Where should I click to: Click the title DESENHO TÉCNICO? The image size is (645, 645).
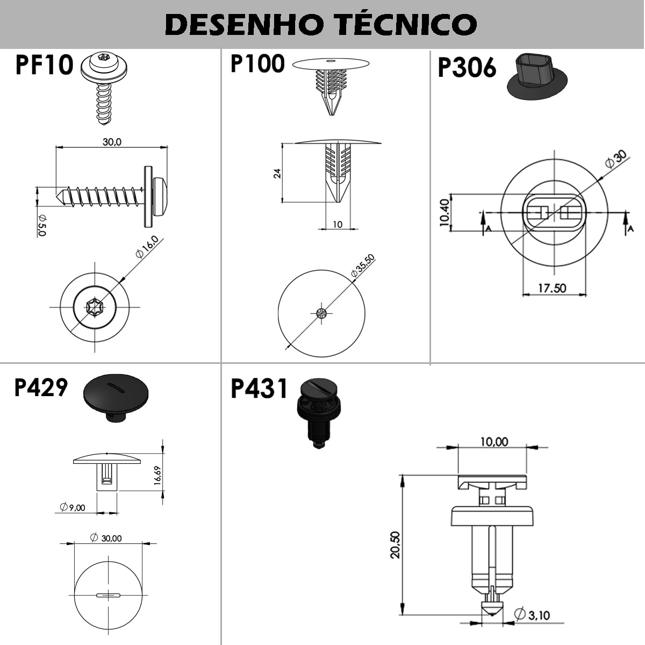click(321, 24)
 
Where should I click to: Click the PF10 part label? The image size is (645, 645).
click(44, 65)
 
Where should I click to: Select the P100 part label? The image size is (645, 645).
click(257, 63)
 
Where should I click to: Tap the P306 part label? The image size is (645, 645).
click(467, 68)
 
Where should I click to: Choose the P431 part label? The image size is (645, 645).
click(259, 389)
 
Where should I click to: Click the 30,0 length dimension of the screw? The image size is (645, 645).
click(112, 142)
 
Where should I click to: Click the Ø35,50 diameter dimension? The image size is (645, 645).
click(362, 266)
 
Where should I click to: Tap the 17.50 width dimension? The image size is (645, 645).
click(552, 288)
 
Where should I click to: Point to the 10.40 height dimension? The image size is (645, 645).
click(445, 213)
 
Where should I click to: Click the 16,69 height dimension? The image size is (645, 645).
click(158, 476)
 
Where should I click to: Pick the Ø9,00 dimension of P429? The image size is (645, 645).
click(73, 507)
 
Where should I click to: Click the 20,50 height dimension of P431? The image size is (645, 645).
click(395, 544)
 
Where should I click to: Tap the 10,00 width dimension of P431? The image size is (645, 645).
click(493, 442)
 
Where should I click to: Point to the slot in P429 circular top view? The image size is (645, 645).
click(109, 594)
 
